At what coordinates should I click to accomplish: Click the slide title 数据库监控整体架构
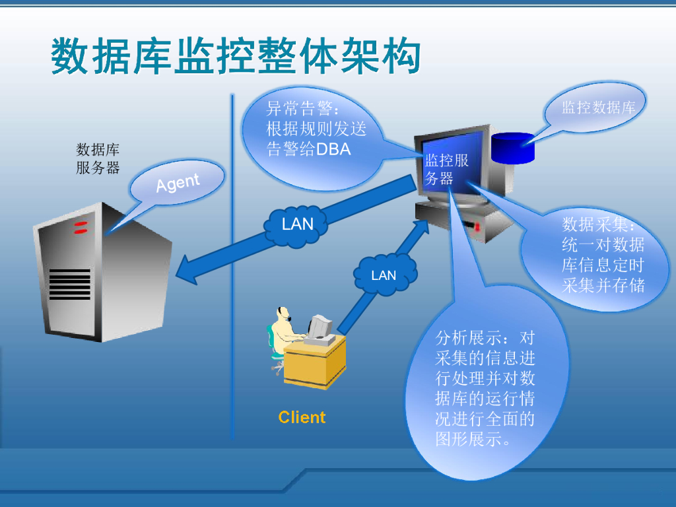pos(236,56)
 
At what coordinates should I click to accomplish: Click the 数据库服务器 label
pos(98,158)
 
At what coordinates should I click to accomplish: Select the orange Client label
pos(302,417)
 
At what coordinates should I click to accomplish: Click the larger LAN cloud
pos(298,224)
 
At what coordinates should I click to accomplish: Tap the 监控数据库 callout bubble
pos(598,108)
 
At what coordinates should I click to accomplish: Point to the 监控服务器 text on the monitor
pos(446,169)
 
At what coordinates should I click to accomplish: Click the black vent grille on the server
pos(69,285)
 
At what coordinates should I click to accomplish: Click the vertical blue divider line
pos(232,264)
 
